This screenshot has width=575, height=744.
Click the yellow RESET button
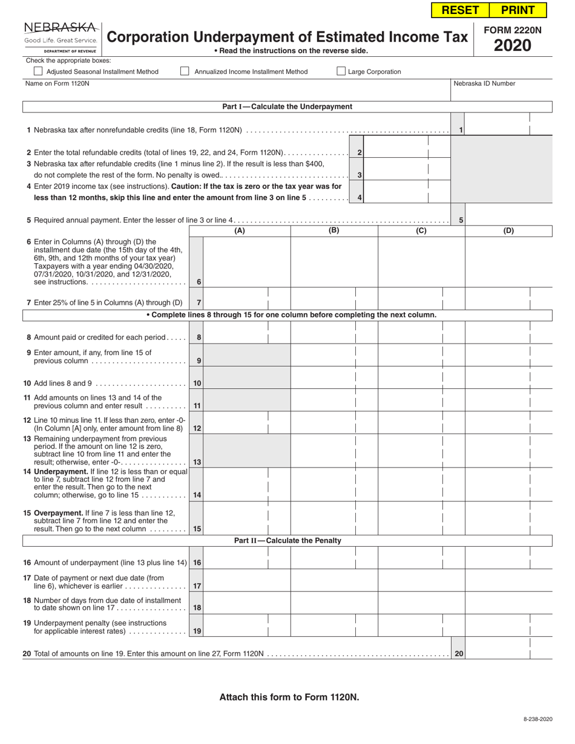461,10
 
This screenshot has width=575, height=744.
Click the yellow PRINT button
517,10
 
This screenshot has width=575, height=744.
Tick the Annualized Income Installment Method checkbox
185,71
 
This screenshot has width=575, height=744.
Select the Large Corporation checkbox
341,71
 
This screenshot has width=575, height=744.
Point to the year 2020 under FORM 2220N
512,45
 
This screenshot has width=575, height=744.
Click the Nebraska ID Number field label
484,83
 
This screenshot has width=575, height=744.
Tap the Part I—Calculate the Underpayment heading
287,106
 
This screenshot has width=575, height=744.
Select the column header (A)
240,230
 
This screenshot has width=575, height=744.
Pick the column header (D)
508,230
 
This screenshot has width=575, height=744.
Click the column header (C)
421,230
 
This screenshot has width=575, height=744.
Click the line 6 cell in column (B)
334,262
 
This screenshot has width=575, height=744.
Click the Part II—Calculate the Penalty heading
287,540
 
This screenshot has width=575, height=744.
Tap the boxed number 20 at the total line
459,653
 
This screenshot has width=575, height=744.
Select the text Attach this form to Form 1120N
289,697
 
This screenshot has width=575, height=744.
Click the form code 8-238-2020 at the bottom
537,718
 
